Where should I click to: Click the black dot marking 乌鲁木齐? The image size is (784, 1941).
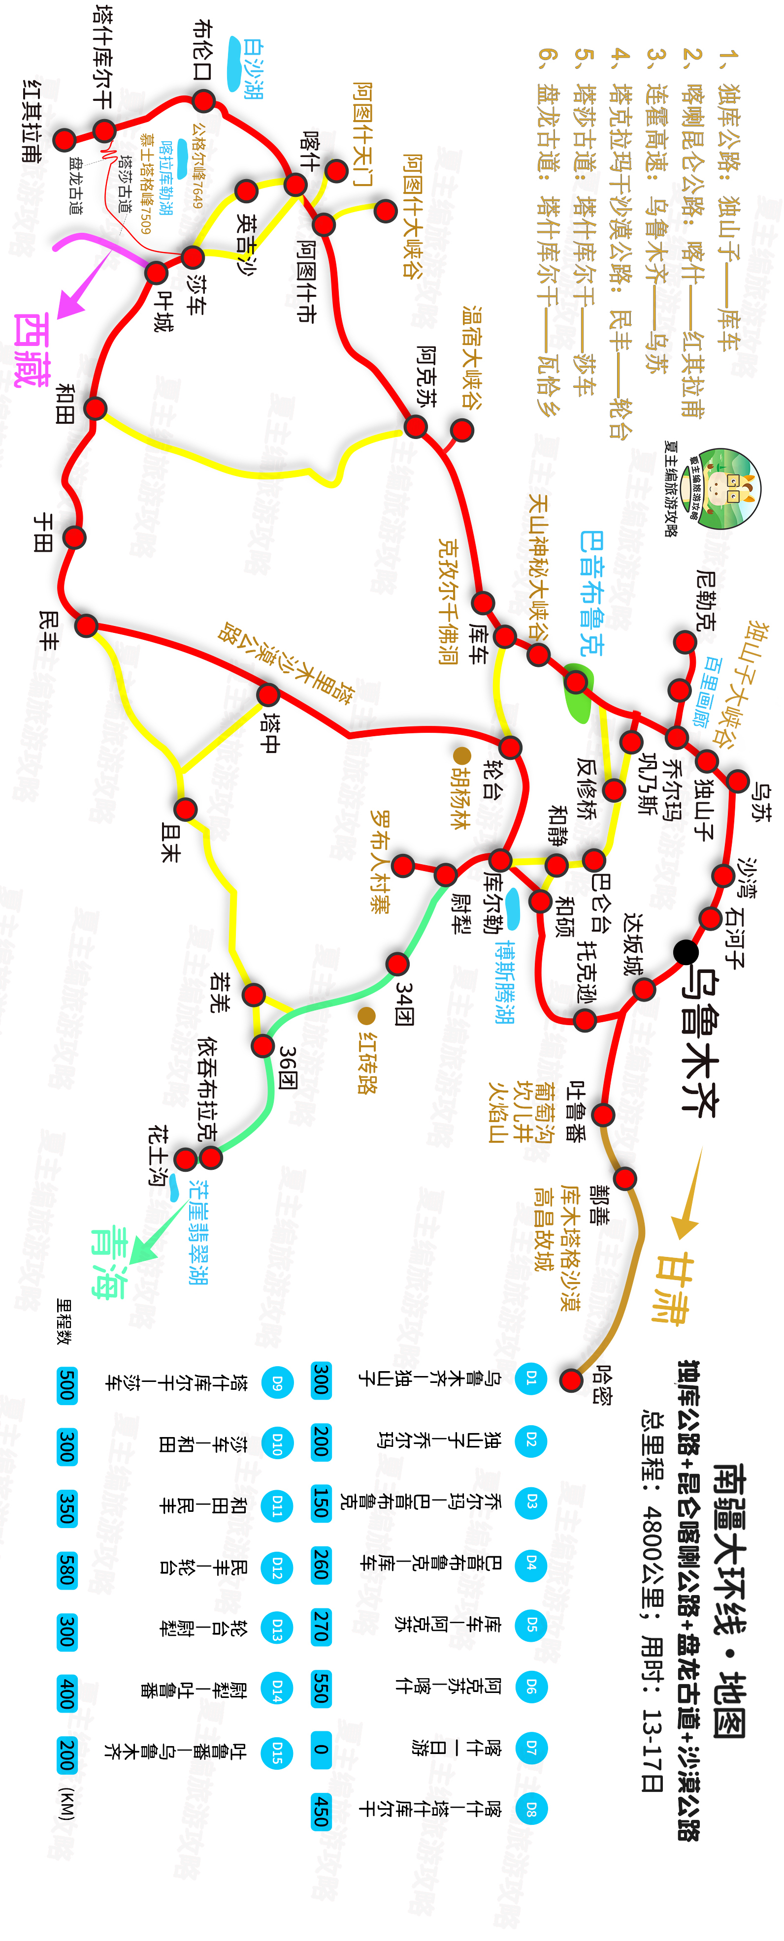point(685,952)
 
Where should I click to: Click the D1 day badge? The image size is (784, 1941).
point(531,1379)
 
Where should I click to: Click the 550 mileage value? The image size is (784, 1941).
point(321,1688)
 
